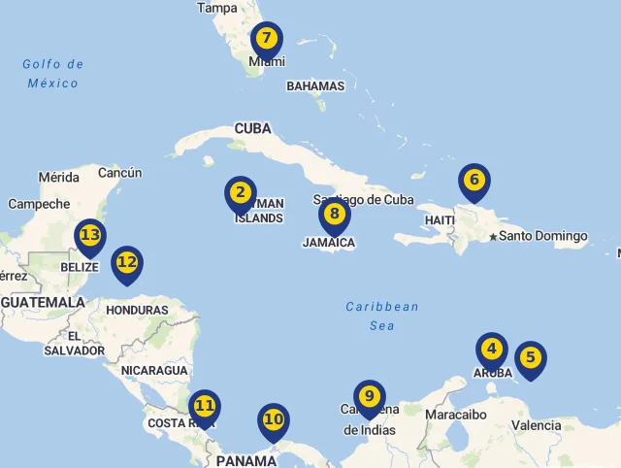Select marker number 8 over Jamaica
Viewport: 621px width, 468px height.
point(334,215)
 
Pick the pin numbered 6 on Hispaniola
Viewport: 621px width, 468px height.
point(474,181)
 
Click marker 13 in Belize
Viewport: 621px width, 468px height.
point(90,236)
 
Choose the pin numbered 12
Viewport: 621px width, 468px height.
point(127,262)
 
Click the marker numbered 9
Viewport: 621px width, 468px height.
point(370,397)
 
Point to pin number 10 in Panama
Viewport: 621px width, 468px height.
point(274,420)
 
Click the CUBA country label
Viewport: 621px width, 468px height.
point(252,128)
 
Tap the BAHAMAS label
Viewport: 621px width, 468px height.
point(315,85)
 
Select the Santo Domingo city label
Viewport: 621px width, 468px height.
point(543,236)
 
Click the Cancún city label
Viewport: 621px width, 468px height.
point(120,173)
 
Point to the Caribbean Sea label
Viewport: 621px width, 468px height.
point(382,317)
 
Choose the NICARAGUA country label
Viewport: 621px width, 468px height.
point(154,371)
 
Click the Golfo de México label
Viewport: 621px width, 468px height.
point(53,74)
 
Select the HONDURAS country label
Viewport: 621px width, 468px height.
point(137,311)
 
